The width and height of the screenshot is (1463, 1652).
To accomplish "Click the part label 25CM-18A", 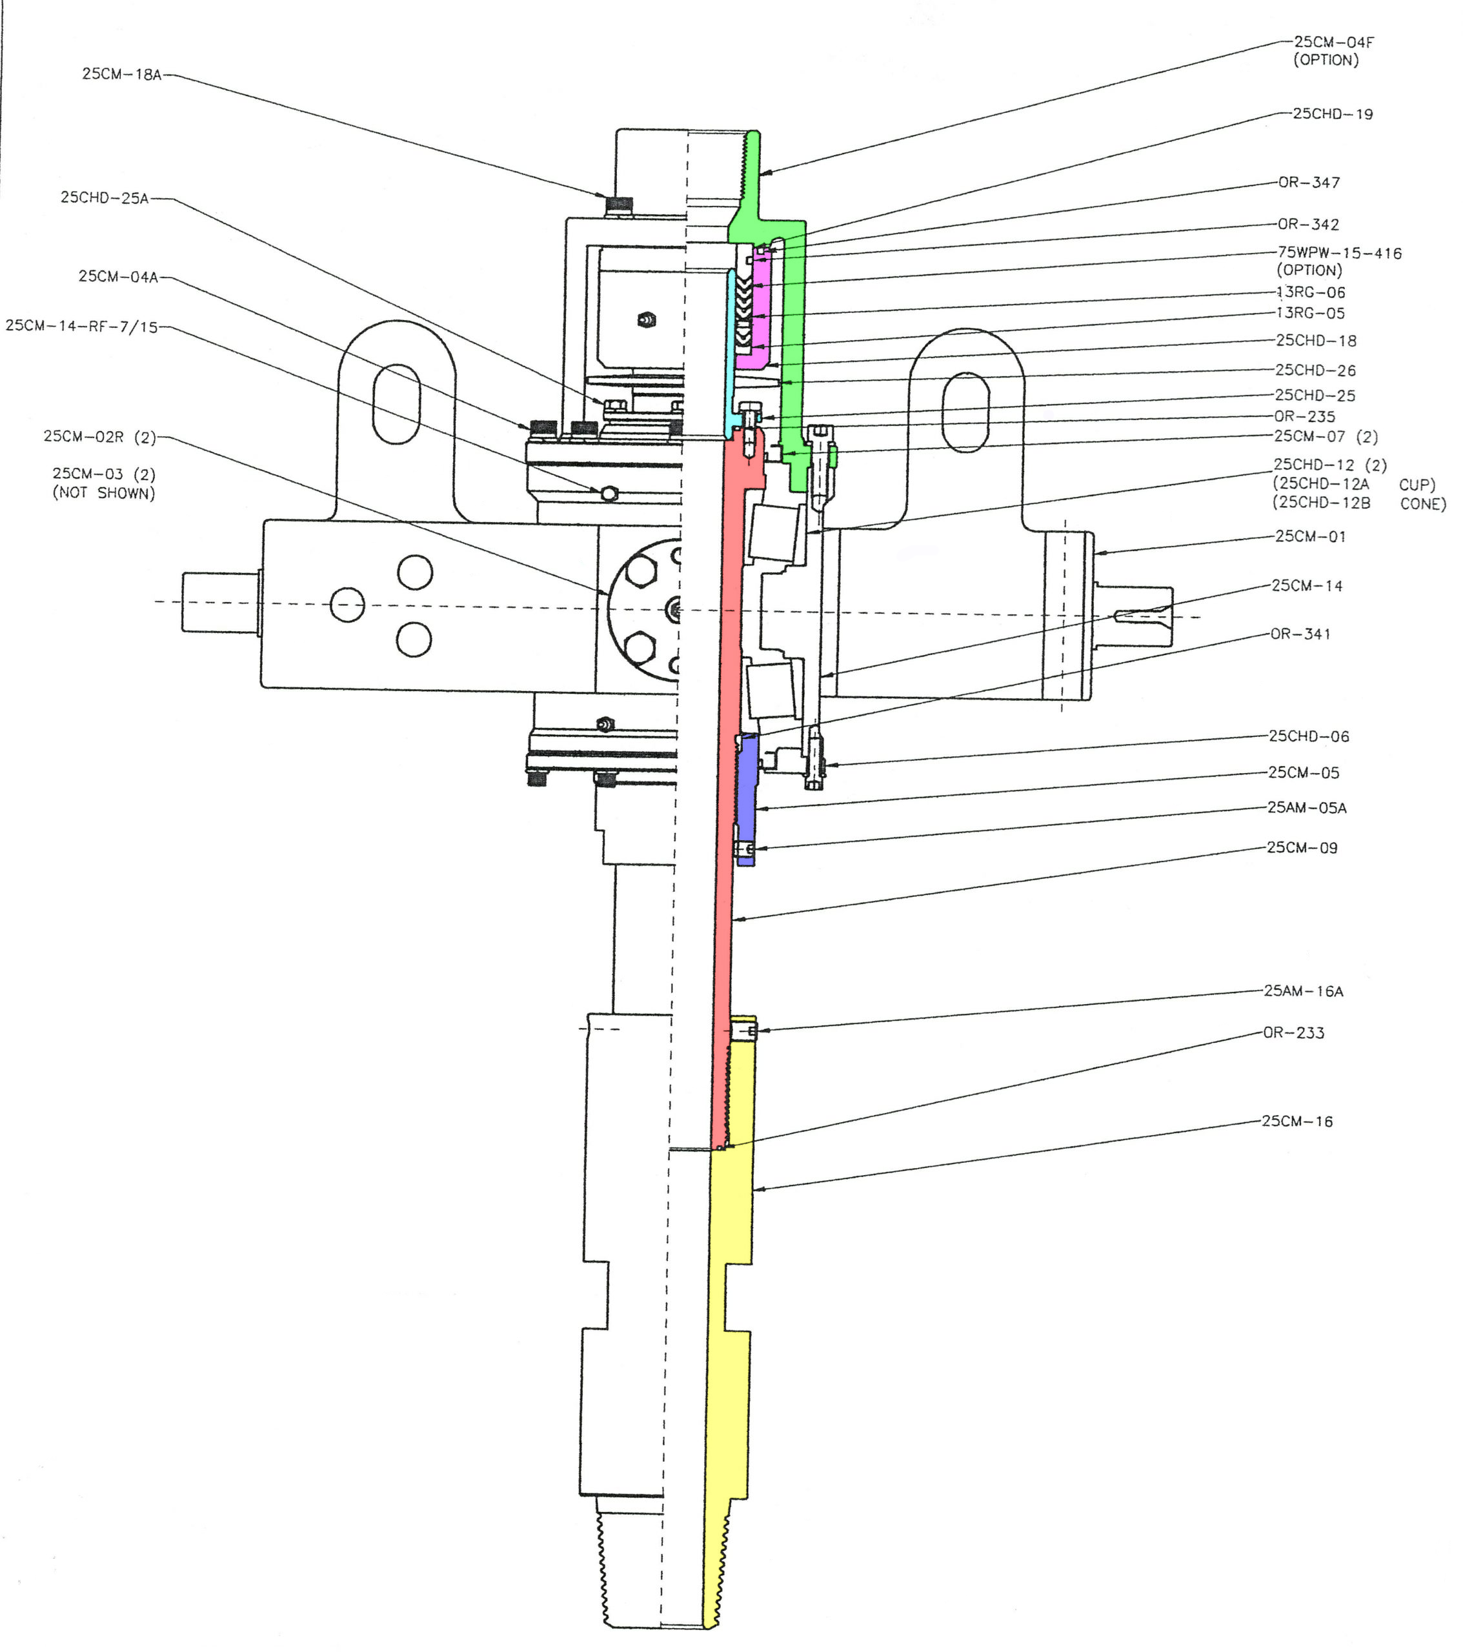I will [x=121, y=74].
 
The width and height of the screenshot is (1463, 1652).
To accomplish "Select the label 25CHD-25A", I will [x=105, y=198].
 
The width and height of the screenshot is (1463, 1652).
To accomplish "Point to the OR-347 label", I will [x=1309, y=183].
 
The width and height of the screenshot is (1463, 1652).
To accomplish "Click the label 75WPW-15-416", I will [x=1339, y=253].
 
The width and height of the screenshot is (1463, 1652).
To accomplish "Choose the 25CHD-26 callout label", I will [x=1315, y=370].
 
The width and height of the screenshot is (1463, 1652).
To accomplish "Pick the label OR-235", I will [x=1305, y=416].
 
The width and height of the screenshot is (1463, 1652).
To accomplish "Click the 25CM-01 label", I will [x=1310, y=537].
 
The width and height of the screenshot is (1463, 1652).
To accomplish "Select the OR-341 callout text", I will [x=1300, y=634].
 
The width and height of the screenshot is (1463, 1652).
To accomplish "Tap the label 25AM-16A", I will [x=1304, y=991].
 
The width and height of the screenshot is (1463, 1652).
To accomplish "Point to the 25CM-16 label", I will [x=1297, y=1121].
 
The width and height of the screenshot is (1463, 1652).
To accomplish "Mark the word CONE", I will [x=1422, y=503].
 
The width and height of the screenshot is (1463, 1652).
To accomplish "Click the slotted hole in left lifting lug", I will [x=396, y=404].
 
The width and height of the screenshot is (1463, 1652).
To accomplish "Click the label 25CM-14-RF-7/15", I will [x=82, y=327].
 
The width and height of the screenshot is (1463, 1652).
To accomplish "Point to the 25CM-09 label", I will [x=1302, y=848].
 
